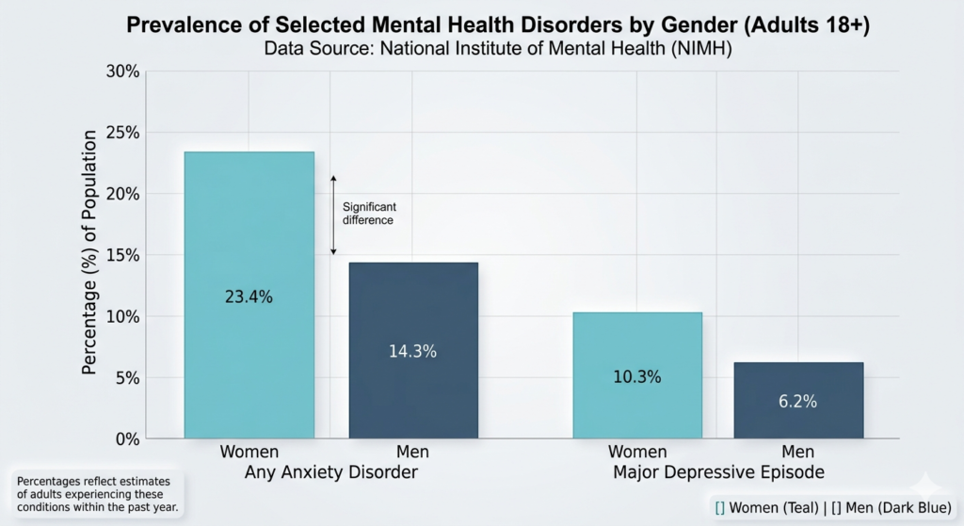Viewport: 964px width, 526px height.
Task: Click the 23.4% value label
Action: click(249, 297)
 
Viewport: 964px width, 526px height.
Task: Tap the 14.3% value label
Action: click(413, 351)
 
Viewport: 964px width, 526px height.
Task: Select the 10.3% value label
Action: click(637, 377)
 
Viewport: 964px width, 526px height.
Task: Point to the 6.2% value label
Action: click(797, 402)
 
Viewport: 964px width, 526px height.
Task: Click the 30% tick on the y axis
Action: click(123, 72)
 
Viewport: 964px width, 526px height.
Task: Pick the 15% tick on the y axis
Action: click(123, 256)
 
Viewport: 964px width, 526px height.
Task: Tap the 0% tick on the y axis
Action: click(127, 439)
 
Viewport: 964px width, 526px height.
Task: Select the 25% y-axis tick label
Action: click(123, 134)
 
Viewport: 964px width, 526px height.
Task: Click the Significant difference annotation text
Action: click(367, 214)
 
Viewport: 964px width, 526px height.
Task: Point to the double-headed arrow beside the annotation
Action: click(333, 215)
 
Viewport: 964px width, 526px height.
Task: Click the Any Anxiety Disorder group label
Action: click(330, 471)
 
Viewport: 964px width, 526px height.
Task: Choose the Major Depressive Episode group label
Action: click(717, 471)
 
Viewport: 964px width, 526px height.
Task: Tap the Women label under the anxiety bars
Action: click(249, 453)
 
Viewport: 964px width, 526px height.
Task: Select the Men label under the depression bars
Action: click(797, 453)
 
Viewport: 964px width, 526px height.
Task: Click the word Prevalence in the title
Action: click(178, 25)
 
